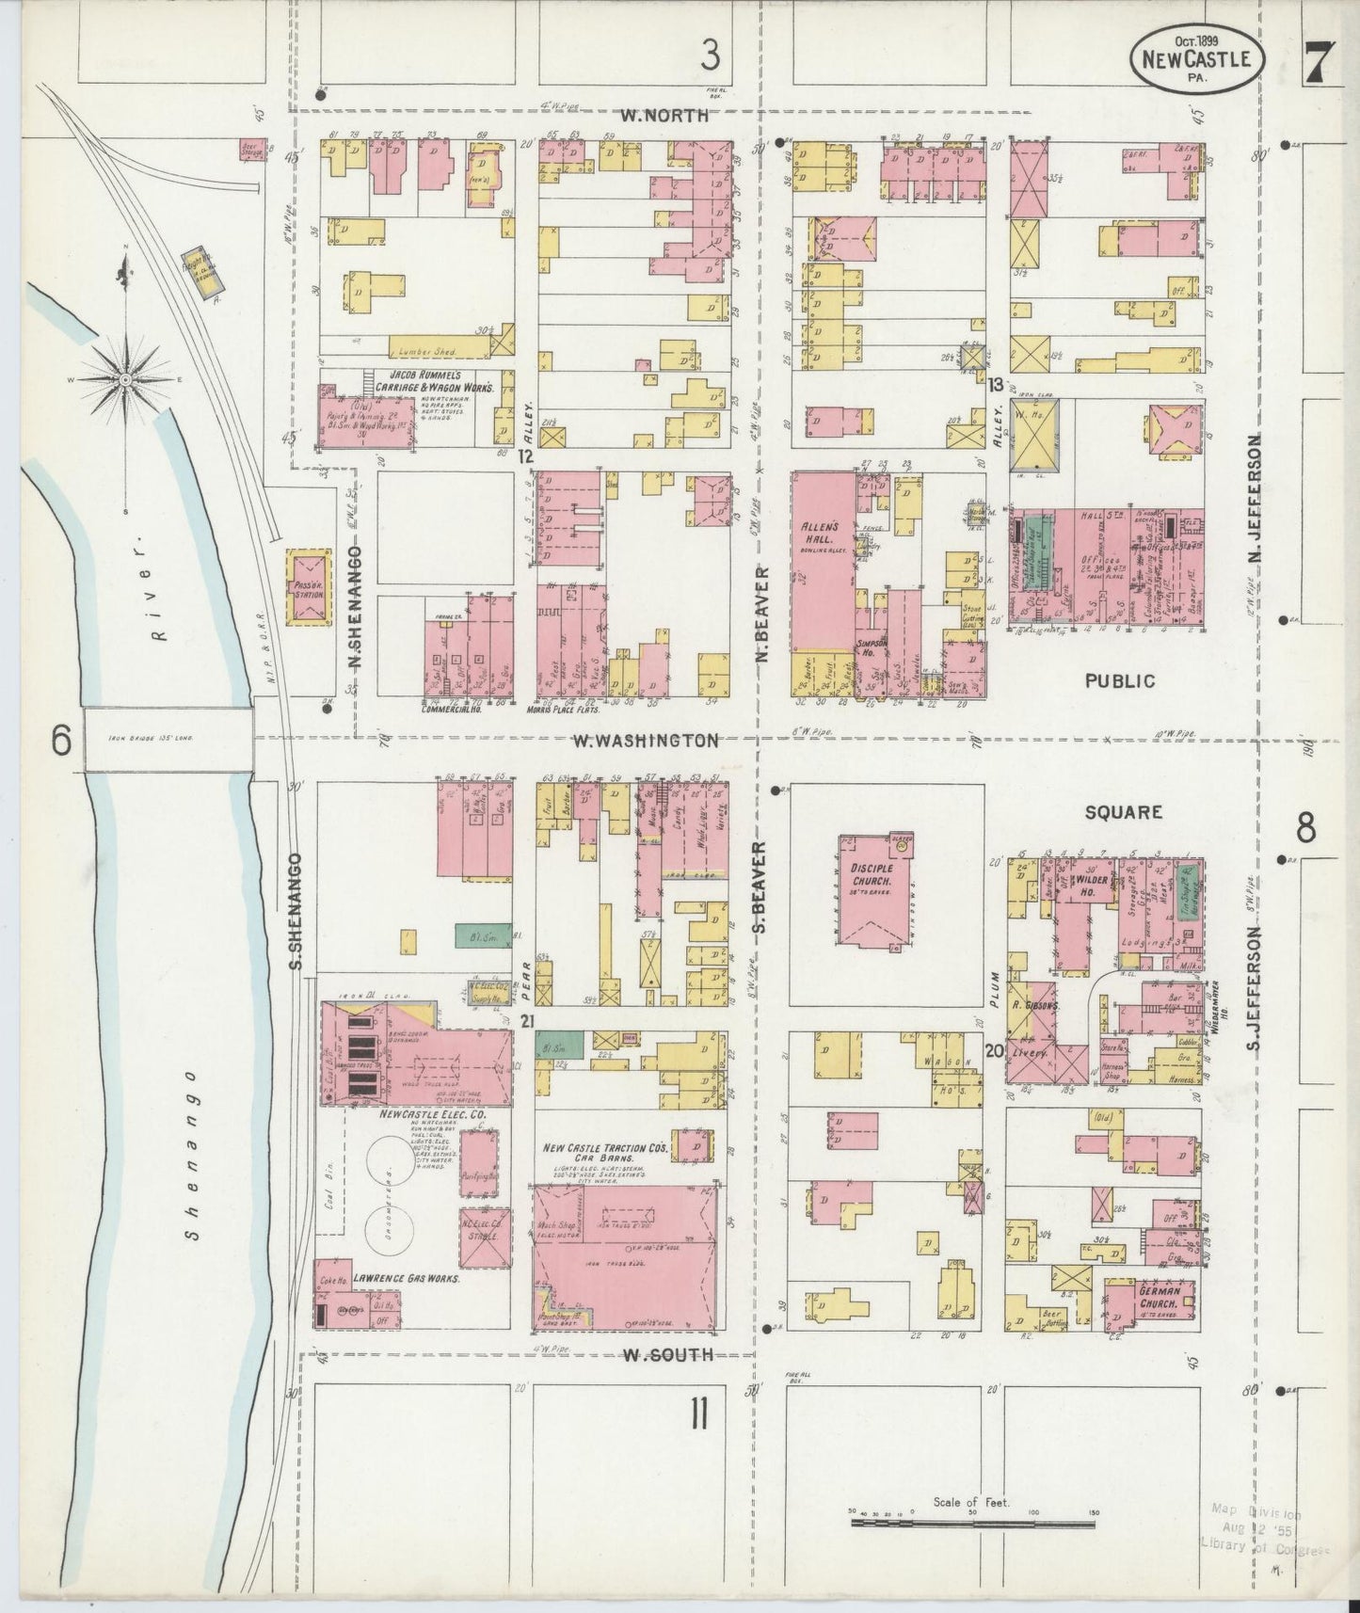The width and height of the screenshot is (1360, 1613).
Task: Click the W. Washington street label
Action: click(646, 741)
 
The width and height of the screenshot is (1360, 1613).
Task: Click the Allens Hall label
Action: click(822, 534)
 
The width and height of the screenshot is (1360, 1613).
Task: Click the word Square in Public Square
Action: click(1123, 811)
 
